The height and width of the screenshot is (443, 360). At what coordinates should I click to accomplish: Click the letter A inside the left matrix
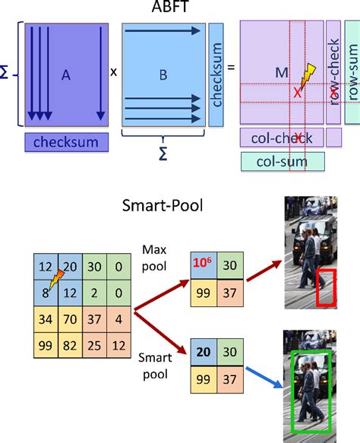[65, 74]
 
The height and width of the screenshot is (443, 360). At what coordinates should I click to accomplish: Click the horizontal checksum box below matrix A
[65, 141]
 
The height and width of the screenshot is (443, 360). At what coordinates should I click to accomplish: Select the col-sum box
[282, 160]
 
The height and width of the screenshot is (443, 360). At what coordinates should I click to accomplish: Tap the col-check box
[282, 137]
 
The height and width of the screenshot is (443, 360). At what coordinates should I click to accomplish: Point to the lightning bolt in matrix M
[308, 74]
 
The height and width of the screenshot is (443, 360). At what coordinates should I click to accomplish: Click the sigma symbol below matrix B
[162, 153]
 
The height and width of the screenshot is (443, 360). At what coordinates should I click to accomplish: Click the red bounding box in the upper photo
[325, 289]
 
